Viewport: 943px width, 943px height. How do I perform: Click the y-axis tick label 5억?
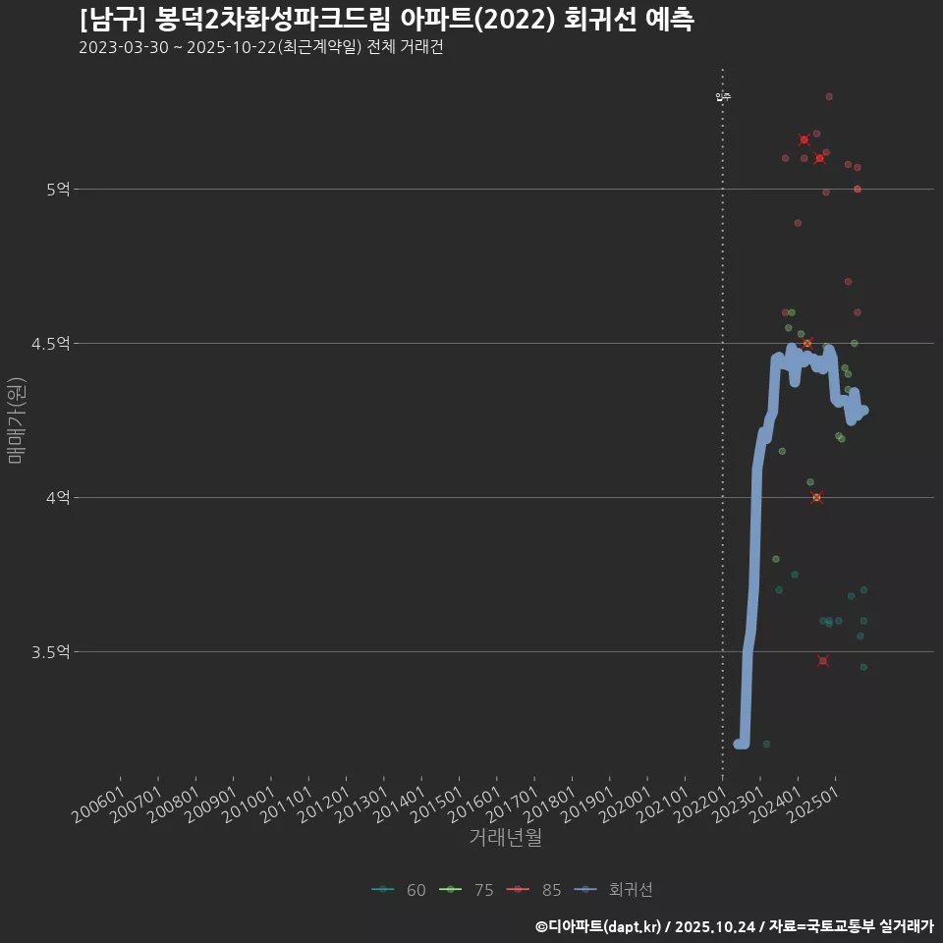(x=57, y=189)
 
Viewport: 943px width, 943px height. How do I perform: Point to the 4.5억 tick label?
(x=50, y=343)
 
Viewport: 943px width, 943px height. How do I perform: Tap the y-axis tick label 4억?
(x=57, y=497)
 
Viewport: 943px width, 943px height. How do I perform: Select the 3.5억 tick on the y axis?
(x=50, y=651)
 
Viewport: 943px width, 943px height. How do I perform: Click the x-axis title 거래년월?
(x=505, y=838)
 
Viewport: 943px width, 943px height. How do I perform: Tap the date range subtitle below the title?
(x=260, y=48)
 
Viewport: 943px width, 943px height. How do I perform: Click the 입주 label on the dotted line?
(x=723, y=96)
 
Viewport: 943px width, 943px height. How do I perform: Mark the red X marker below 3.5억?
(x=823, y=660)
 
